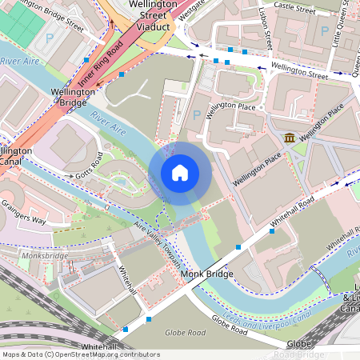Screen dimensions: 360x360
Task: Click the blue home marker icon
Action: (180, 173)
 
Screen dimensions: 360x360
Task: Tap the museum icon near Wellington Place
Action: (288, 138)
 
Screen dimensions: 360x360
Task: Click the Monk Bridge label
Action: (207, 274)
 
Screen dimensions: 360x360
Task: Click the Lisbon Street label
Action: (266, 29)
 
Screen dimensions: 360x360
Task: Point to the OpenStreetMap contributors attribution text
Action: (80, 354)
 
